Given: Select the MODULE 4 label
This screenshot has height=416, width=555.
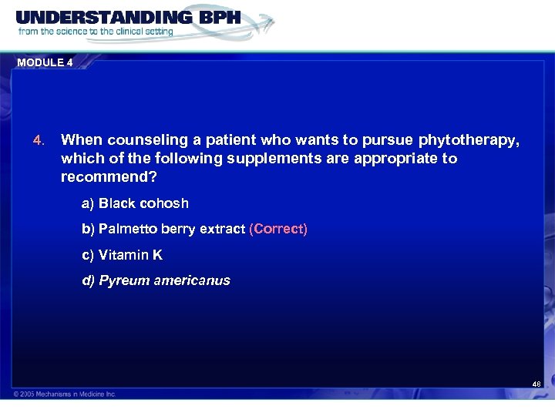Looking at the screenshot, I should click(44, 63).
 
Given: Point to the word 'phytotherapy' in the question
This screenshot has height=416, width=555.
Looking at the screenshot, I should click(469, 140).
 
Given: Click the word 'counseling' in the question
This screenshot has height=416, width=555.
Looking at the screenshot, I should click(143, 140).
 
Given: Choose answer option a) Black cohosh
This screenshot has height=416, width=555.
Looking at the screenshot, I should click(135, 203).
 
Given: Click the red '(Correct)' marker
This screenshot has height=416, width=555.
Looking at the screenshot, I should click(278, 230).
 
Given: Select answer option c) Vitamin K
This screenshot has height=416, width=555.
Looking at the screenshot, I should click(123, 255).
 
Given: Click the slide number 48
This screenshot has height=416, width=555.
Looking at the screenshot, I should click(536, 383).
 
